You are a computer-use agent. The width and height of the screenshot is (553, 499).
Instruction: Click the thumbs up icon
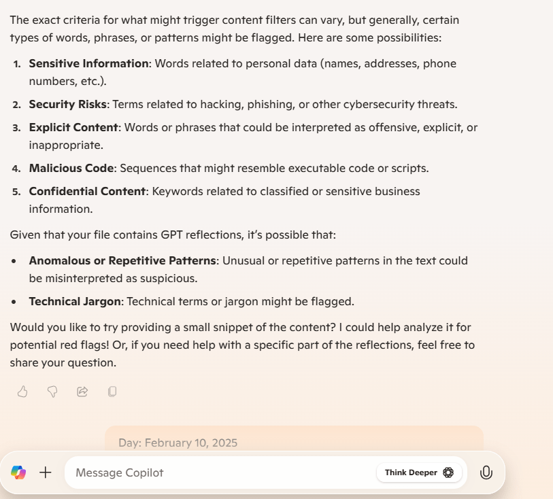tap(22, 391)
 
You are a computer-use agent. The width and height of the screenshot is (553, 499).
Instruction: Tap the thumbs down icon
tap(52, 391)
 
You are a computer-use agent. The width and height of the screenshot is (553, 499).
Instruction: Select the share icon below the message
tap(82, 391)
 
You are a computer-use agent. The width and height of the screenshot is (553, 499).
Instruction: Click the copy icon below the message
tap(112, 391)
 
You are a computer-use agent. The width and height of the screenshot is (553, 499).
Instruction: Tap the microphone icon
tap(486, 472)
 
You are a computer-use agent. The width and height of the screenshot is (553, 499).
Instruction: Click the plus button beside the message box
tap(46, 472)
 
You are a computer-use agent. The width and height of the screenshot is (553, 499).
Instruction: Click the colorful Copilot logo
tap(18, 472)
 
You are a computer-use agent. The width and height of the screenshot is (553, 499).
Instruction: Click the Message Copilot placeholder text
tap(120, 472)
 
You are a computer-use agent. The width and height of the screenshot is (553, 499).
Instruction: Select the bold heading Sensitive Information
tap(88, 63)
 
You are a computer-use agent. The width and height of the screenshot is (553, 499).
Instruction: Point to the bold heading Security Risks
tap(67, 104)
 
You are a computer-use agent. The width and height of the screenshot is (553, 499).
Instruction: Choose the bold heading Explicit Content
tap(73, 127)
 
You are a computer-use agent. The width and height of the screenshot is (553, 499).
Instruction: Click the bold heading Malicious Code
tap(71, 168)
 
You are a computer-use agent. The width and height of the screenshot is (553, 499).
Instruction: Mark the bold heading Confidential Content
tap(87, 191)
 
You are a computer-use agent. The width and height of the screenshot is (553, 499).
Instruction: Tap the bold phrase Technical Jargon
tap(76, 300)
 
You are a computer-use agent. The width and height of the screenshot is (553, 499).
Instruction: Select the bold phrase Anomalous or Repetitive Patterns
tap(122, 260)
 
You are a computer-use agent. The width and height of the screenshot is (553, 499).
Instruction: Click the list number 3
tap(17, 128)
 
